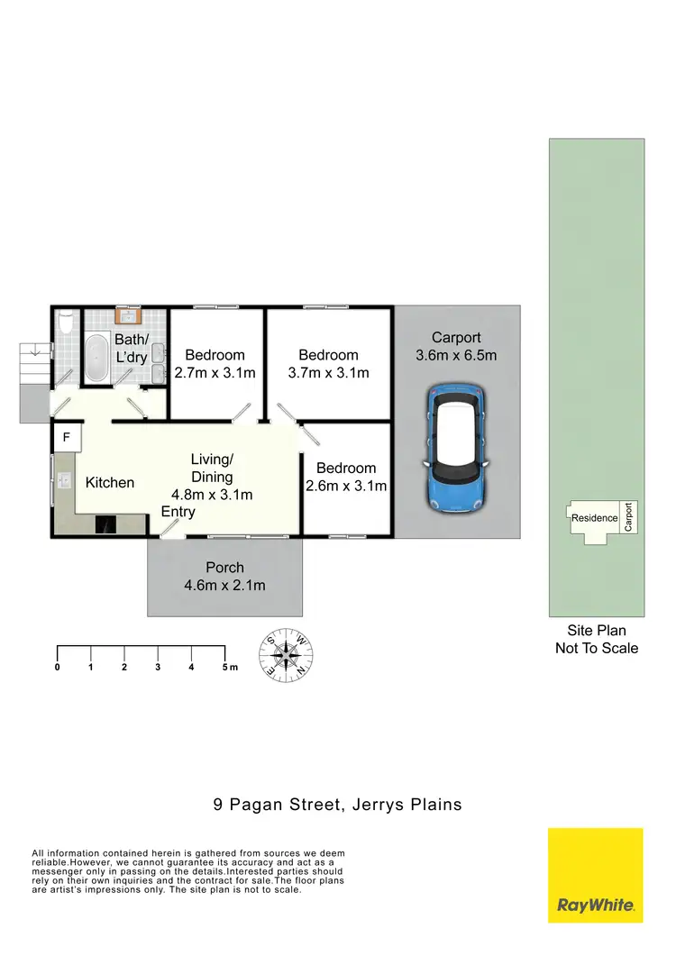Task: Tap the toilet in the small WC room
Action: click(65, 323)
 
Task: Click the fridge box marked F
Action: click(67, 438)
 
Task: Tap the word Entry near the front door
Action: click(178, 512)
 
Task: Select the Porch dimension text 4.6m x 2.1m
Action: click(224, 586)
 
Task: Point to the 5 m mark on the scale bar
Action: click(226, 667)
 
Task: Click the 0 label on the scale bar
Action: click(58, 668)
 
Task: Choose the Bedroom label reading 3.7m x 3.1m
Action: click(328, 372)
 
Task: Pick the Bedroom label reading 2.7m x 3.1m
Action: click(215, 372)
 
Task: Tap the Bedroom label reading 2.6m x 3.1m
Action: click(345, 486)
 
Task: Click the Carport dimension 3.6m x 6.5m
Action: click(455, 356)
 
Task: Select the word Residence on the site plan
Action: click(594, 518)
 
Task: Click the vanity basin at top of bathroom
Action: click(125, 316)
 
